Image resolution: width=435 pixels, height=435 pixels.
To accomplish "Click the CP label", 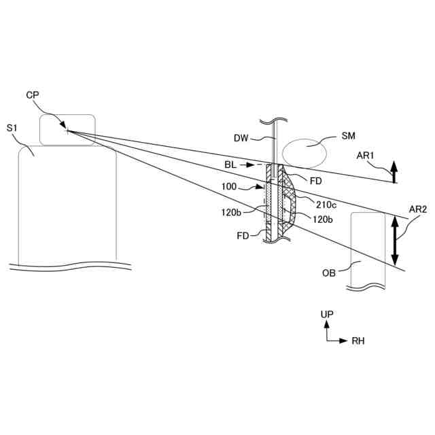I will [x=32, y=94].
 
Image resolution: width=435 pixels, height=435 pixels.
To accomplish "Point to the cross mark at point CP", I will [x=67, y=129].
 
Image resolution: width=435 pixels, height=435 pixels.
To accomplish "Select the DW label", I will [x=241, y=139].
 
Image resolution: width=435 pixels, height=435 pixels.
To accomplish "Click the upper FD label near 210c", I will [x=315, y=181].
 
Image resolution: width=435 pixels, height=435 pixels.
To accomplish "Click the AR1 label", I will [x=367, y=156].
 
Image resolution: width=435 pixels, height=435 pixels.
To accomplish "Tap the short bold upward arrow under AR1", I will [x=394, y=173].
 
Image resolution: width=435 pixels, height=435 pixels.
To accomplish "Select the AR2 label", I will [x=418, y=210].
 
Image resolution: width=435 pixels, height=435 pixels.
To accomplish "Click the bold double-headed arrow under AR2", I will [x=396, y=241].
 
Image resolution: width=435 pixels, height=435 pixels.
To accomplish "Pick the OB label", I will [x=330, y=274].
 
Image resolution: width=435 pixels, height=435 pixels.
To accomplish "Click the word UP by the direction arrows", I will [x=328, y=315].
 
